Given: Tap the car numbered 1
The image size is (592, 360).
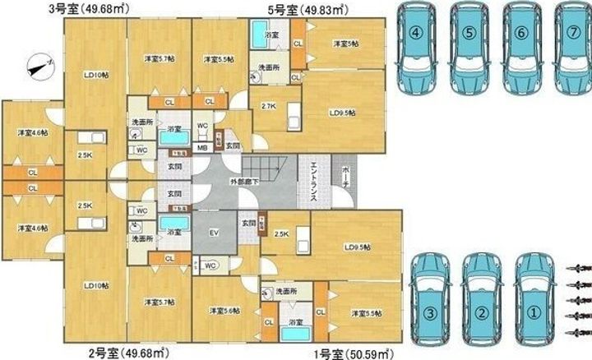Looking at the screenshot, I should click(534, 300).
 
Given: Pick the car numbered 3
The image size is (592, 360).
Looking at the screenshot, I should click(428, 300).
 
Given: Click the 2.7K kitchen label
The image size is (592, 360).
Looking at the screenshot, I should click(268, 107).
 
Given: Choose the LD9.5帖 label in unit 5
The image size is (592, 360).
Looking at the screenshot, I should click(344, 113).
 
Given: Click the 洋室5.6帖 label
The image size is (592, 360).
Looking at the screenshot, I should click(224, 310).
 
